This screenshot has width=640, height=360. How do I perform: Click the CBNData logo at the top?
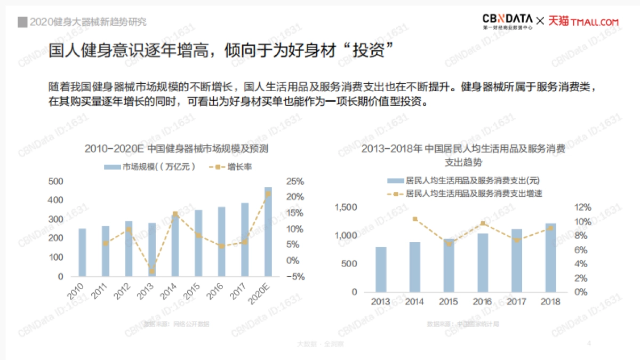click(507, 21)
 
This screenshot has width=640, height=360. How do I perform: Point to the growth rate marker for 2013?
click(152, 271)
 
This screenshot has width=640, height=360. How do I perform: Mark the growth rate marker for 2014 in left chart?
click(175, 214)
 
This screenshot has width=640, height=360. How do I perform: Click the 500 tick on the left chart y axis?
click(56, 181)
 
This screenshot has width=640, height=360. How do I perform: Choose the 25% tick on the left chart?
click(295, 181)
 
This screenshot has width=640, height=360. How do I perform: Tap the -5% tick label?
click(294, 277)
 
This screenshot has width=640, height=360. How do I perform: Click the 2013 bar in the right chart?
click(381, 269)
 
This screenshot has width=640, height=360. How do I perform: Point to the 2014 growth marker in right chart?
click(415, 219)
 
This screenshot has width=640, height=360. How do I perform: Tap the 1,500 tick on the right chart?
click(346, 207)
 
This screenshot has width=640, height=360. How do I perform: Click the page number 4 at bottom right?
click(589, 343)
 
